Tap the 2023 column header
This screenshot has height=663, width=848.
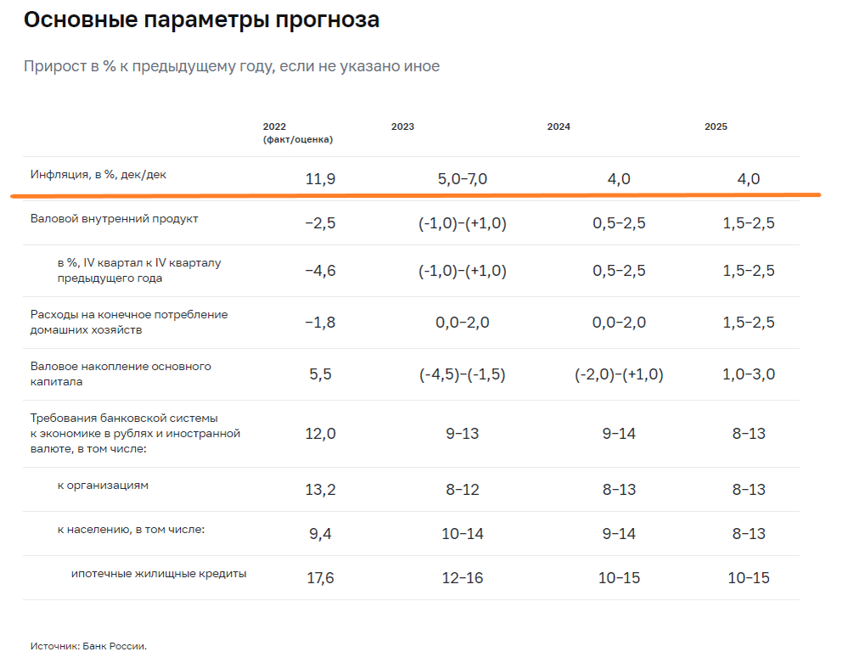click(402, 127)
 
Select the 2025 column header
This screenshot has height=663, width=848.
click(716, 127)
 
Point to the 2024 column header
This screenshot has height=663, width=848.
click(559, 127)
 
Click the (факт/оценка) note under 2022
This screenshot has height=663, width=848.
click(297, 140)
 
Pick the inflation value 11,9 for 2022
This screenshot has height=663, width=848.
click(320, 179)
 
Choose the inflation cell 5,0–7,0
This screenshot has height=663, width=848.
click(463, 179)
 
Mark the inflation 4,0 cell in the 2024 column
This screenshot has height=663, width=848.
click(619, 179)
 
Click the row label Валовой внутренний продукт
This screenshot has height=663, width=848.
click(115, 219)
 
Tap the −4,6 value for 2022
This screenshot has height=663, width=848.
click(320, 271)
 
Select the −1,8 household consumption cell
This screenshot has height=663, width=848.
click(320, 323)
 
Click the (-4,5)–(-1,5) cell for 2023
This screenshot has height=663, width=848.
click(463, 374)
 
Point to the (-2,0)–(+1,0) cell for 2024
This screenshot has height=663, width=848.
click(619, 374)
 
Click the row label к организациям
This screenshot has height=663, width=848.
click(103, 486)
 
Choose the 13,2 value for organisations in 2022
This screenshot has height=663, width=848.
click(320, 490)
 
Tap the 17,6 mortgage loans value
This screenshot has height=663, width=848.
click(320, 578)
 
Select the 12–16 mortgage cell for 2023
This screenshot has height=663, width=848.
click(463, 578)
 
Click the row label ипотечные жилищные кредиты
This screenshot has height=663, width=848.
click(159, 574)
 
